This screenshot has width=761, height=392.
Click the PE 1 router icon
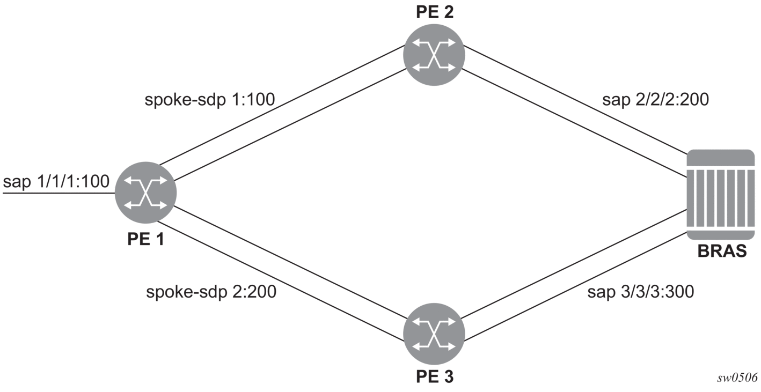(146, 193)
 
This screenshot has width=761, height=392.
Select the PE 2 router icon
(434, 55)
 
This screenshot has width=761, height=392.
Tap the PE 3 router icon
(434, 334)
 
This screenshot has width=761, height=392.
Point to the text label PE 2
(435, 12)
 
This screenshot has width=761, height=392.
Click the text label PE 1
(146, 239)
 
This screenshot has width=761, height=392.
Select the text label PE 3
(435, 376)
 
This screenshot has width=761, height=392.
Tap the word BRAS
(722, 251)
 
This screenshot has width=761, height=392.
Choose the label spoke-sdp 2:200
(211, 292)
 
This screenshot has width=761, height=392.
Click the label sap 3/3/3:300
(640, 292)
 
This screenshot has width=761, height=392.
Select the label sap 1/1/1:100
(56, 182)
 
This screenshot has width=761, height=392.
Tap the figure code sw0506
(737, 378)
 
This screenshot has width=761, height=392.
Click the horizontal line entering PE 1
(59, 193)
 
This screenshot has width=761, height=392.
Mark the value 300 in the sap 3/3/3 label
(678, 292)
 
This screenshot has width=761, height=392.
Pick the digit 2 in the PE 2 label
(448, 12)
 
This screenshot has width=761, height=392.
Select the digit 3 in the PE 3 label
(448, 376)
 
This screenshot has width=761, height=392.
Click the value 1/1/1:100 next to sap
(73, 182)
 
